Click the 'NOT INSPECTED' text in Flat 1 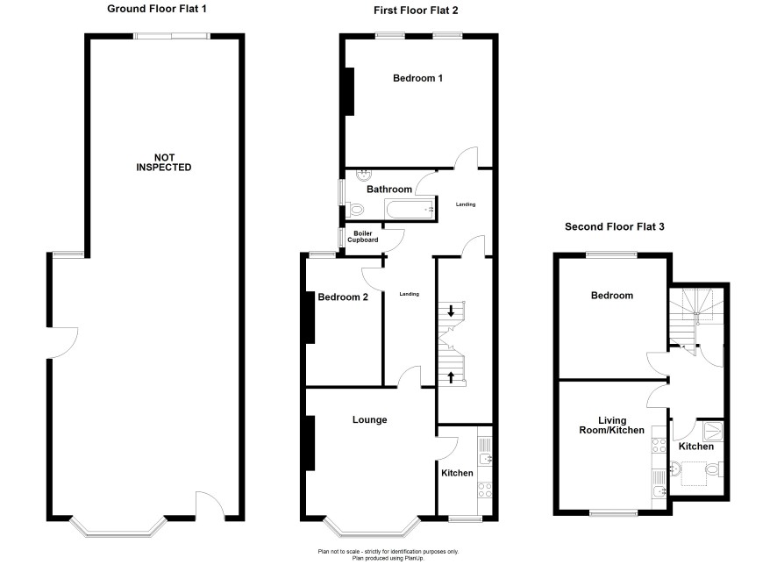(x=163, y=162)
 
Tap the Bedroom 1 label (x=417, y=78)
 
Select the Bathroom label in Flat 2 (x=389, y=190)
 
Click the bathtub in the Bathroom (x=410, y=209)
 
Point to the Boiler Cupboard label (x=363, y=236)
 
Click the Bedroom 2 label (x=343, y=297)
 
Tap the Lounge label (x=370, y=419)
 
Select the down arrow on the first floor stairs (x=451, y=311)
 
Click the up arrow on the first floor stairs (x=451, y=377)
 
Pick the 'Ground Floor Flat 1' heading (x=157, y=9)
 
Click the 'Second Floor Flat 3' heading (x=615, y=227)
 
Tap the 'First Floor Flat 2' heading (x=416, y=10)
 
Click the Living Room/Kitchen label (x=612, y=426)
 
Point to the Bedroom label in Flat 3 (x=612, y=296)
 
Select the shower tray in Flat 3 (x=713, y=431)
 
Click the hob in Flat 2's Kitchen (x=485, y=490)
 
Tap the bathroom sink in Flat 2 (x=365, y=175)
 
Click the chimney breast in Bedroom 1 (x=349, y=92)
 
